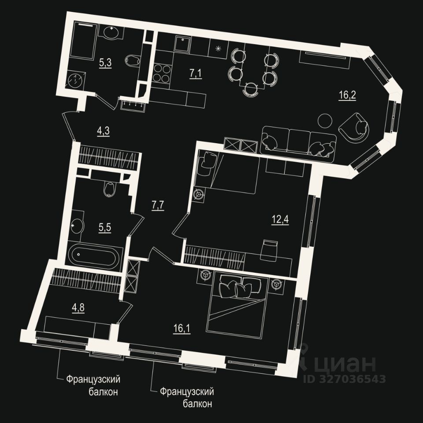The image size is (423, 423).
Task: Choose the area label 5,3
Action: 105,63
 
